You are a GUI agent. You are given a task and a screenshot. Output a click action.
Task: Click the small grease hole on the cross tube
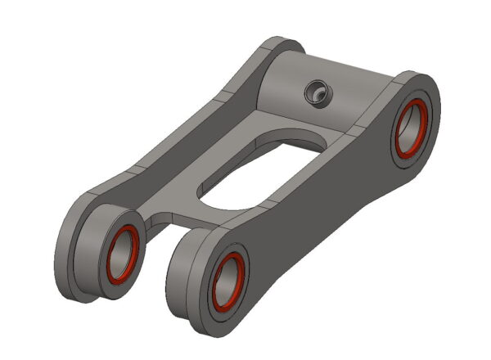coord(315,94)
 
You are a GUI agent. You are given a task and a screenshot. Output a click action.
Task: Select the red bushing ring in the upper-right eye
coord(399,129)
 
